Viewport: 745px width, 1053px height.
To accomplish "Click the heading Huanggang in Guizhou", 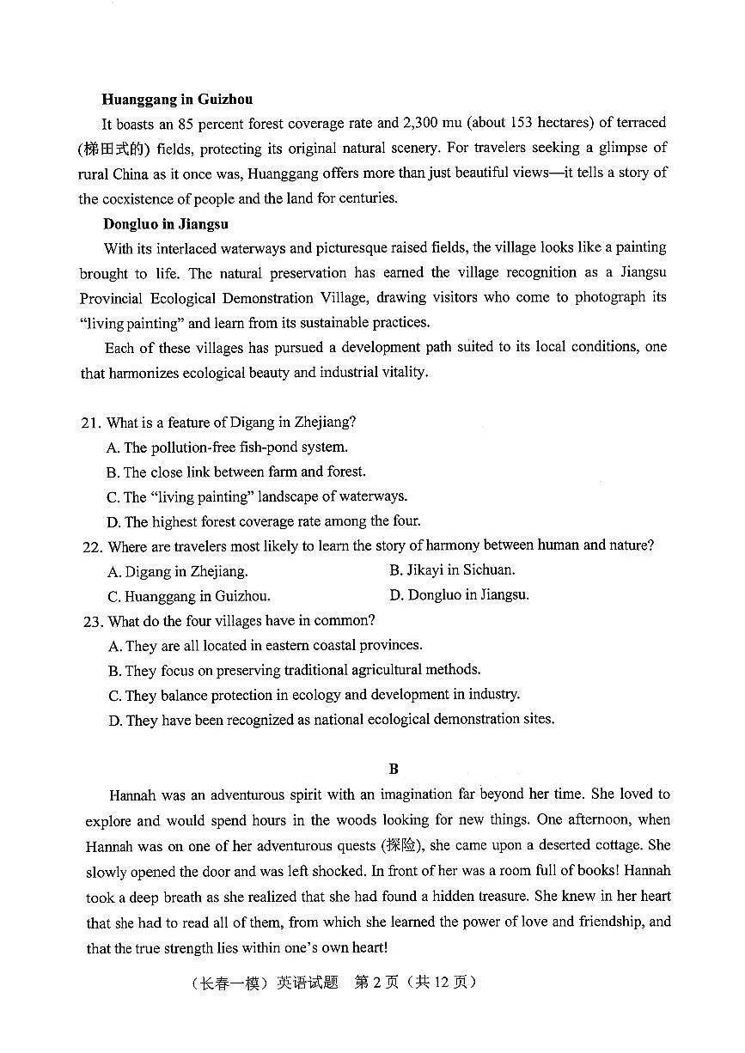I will tap(177, 99).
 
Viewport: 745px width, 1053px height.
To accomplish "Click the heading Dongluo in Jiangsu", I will tap(166, 224).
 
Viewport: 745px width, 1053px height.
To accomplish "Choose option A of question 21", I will tap(228, 447).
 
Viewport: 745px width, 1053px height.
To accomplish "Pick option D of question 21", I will tap(264, 520).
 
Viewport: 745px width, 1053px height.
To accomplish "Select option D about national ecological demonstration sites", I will tap(331, 720).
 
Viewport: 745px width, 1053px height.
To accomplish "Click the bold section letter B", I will tap(394, 769).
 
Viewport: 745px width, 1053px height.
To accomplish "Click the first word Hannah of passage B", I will tap(131, 794).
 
